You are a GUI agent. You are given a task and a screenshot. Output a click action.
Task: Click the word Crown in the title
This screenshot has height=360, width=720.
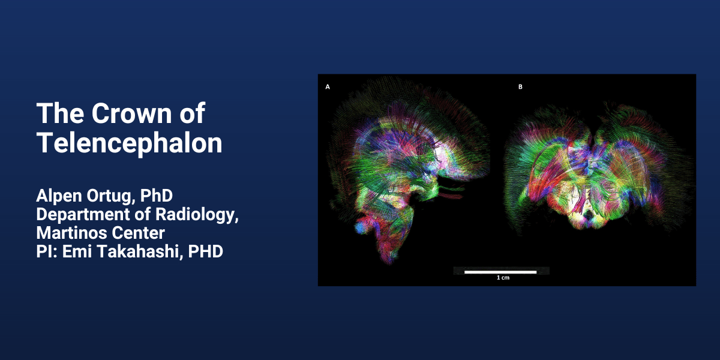(132, 113)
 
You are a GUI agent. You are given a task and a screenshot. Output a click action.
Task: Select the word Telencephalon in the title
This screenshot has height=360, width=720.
(129, 143)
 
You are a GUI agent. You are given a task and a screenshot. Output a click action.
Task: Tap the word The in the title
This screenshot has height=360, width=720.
(61, 113)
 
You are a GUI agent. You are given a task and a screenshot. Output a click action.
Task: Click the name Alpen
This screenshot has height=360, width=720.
(59, 196)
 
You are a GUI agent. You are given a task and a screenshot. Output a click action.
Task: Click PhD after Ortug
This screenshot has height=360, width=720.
(157, 196)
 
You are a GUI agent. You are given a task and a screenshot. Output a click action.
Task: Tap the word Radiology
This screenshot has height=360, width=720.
(197, 215)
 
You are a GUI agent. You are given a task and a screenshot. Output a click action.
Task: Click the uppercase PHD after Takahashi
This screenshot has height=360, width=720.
(206, 251)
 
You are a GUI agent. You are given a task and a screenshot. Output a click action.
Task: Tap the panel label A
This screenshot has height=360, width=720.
(328, 87)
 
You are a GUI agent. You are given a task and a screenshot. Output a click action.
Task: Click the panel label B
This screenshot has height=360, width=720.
(520, 87)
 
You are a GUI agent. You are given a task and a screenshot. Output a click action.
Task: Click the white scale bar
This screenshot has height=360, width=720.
(500, 272)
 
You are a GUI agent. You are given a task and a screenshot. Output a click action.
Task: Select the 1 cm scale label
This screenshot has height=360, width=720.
(503, 278)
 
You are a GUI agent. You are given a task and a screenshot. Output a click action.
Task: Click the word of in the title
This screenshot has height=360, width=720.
(192, 113)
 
